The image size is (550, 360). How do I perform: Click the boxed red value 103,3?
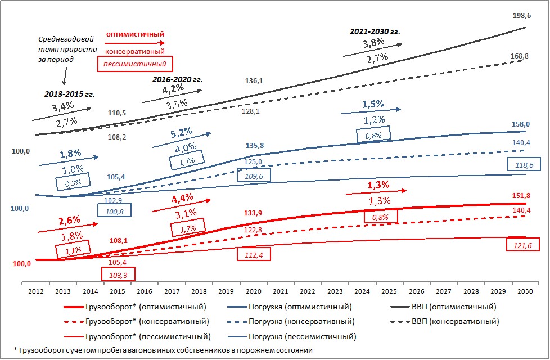pyautogui.click(x=118, y=274)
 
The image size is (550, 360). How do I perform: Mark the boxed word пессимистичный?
pyautogui.click(x=135, y=64)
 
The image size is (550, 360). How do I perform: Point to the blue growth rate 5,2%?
pyautogui.click(x=182, y=135)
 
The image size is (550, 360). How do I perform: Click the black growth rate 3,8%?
pyautogui.click(x=373, y=43)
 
